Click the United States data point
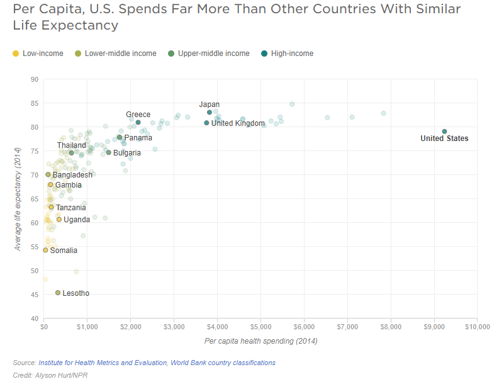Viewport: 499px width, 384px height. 444,132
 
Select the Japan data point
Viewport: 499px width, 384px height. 210,113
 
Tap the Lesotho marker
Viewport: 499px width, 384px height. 58,293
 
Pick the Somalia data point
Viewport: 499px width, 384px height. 45,250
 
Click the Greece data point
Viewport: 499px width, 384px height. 138,123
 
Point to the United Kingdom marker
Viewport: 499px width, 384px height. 206,123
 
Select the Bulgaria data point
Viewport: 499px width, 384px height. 108,152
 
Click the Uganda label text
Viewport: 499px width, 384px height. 77,220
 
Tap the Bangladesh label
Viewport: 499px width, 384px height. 72,175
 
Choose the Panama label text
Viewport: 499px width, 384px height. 138,138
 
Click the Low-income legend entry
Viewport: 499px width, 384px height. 38,54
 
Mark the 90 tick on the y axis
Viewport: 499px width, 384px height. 35,79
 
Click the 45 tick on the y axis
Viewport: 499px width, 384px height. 35,295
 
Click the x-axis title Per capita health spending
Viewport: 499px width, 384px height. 261,341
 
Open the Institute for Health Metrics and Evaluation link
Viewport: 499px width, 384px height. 102,363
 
